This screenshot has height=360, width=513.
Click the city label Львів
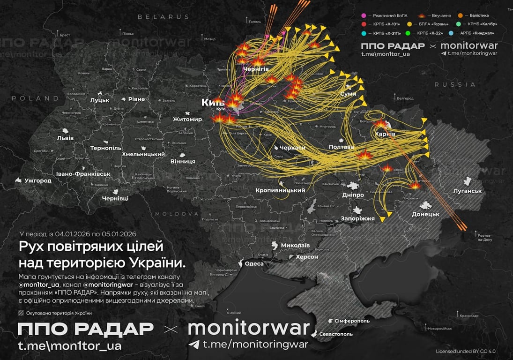(x=65, y=138)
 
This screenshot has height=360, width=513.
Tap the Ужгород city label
(x=38, y=180)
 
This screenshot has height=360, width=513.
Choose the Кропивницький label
(x=281, y=190)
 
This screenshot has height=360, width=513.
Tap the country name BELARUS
(x=164, y=16)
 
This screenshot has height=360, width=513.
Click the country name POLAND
(x=35, y=98)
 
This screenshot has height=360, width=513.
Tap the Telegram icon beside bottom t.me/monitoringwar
(x=194, y=345)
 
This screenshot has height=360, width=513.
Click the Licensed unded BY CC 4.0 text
(x=466, y=351)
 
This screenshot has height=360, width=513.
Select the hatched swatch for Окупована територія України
(x=21, y=313)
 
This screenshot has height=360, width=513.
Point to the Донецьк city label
(x=425, y=214)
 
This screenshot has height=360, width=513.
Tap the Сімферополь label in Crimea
(x=352, y=321)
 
